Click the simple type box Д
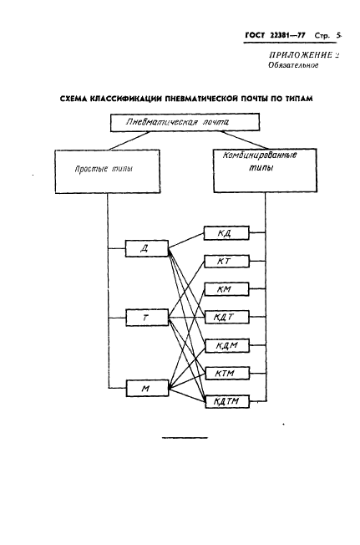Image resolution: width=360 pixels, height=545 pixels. pos(146,247)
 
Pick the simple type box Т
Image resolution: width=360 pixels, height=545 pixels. pos(146,318)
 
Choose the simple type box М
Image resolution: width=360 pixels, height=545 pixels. pos(146,388)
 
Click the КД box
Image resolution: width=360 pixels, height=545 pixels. pos(225,233)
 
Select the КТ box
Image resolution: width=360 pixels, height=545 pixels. pos(225,262)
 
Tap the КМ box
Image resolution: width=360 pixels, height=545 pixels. pos(225,290)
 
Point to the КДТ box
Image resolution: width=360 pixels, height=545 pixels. pos(225,318)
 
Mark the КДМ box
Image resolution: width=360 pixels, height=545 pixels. pos(225,346)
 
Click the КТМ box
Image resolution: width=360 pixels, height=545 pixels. pos(225,374)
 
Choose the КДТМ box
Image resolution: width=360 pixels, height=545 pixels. pos(225,401)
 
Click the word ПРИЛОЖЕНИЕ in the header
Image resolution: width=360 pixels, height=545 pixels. pos(293,54)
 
